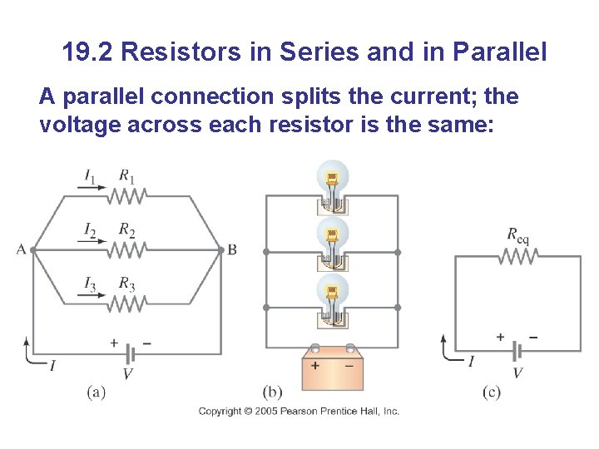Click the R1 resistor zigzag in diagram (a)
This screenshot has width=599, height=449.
(x=126, y=195)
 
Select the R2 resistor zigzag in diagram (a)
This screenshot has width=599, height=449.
(x=126, y=249)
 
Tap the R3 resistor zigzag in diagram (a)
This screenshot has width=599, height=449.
(x=126, y=303)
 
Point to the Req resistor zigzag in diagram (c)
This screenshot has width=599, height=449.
(x=517, y=257)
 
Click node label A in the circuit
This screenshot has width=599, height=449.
(x=20, y=249)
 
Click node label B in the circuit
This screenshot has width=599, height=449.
(x=232, y=249)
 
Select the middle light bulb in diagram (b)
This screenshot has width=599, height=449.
(x=332, y=235)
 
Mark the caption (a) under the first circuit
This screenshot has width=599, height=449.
(x=96, y=391)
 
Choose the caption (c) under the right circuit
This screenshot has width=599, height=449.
(x=492, y=392)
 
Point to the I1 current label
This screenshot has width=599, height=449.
(x=90, y=175)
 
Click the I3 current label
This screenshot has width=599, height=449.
(x=90, y=284)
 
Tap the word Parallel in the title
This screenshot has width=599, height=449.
(x=500, y=52)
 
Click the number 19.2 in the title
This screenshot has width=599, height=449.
(x=88, y=52)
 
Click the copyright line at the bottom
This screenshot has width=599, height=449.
(x=299, y=411)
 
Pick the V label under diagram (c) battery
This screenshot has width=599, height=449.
(x=517, y=373)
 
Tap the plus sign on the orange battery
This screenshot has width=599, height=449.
(x=316, y=365)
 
